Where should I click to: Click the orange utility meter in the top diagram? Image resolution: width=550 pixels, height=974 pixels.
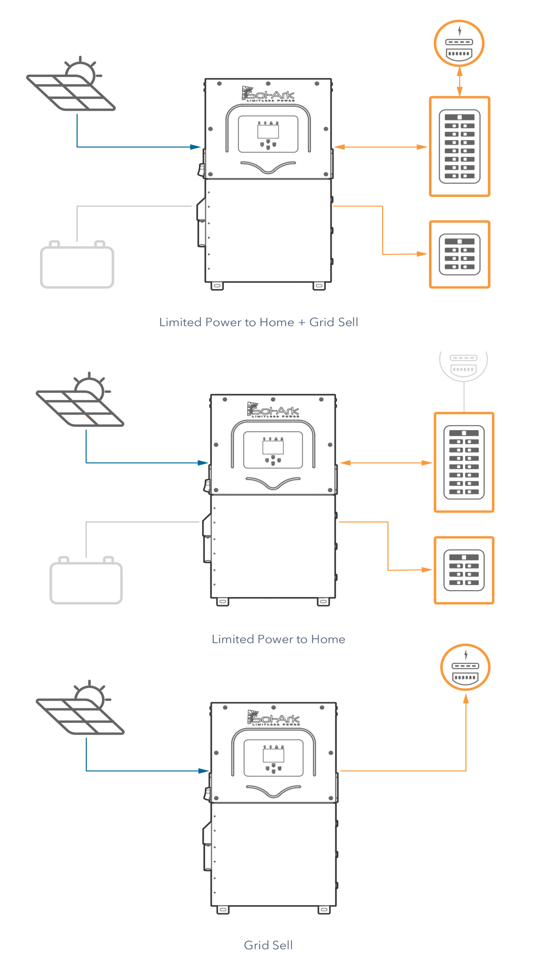pos(459,43)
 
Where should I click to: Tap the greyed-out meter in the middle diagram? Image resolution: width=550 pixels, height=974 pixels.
pos(463,364)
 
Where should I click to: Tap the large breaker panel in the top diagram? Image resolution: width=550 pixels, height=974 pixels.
pos(459,146)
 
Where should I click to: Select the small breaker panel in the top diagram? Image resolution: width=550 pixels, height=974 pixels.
pos(459,254)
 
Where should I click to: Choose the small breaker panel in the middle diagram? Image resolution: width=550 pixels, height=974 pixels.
pos(464,570)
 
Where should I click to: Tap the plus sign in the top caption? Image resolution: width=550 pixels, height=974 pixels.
pos(301,323)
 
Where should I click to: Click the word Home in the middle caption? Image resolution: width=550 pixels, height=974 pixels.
pos(328,639)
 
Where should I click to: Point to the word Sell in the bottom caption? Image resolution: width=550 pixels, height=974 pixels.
pos(282,945)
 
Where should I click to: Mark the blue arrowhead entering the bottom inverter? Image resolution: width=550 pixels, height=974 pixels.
pos(204,770)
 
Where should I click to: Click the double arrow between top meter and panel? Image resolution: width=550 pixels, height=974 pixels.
pos(459,81)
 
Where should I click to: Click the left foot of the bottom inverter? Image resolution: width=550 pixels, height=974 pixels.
pos(223,909)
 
